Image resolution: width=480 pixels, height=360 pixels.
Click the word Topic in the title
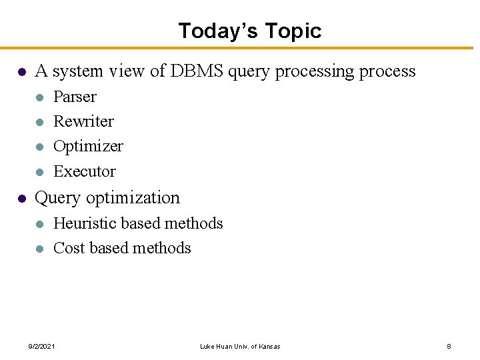tap(293, 31)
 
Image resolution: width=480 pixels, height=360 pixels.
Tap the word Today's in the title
tap(218, 31)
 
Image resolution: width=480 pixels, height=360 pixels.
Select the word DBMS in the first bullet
tap(197, 71)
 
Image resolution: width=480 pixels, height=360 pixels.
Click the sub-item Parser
tap(75, 97)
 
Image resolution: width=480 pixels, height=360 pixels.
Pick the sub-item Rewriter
tap(83, 121)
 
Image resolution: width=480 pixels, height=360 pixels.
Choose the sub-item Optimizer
tap(88, 146)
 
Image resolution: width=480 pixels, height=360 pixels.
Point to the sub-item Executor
tap(85, 171)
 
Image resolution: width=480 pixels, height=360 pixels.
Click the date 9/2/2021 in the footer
tap(42, 347)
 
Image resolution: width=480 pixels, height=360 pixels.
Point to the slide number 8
tap(449, 347)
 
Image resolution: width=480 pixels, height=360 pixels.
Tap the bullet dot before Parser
tap(39, 97)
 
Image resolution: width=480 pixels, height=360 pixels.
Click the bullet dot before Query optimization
tap(21, 199)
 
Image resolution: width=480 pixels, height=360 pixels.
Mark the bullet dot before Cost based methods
tap(39, 249)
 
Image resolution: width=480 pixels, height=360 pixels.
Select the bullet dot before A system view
tap(21, 71)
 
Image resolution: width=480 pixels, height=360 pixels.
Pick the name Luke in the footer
tap(207, 347)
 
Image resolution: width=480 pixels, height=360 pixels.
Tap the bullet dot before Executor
tap(39, 172)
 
